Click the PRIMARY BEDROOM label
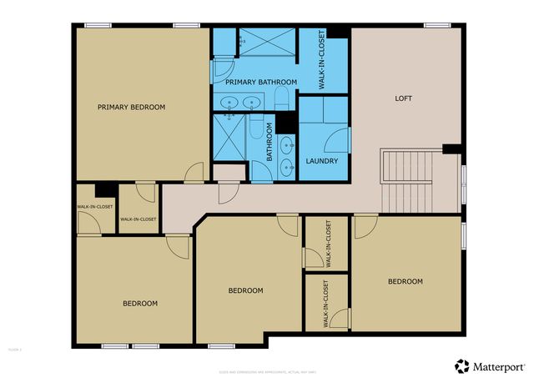tap(131, 107)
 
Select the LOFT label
tap(403, 98)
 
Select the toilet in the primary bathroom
tap(281, 101)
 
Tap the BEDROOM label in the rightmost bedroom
tap(405, 281)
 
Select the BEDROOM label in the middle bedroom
tap(246, 290)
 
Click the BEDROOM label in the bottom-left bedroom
tap(140, 303)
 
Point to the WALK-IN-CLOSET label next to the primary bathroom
tap(322, 59)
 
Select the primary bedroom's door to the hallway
tap(194, 173)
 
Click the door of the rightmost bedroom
tap(365, 225)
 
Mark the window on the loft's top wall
tap(436, 25)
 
